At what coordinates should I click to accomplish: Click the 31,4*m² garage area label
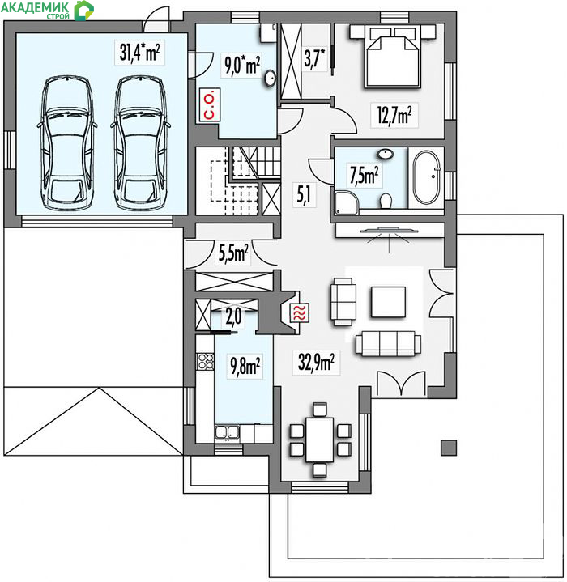coord(139,53)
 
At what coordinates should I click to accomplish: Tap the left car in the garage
coord(67,143)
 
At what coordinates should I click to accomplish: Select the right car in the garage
coord(140,143)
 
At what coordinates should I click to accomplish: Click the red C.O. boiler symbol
coord(210,105)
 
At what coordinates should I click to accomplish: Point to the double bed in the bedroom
coord(393,57)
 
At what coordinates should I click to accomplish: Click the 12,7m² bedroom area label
coord(394,115)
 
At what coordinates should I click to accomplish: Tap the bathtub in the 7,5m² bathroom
coord(426,177)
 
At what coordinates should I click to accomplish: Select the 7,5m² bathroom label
coord(364,175)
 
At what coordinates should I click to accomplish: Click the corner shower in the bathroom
coord(347,203)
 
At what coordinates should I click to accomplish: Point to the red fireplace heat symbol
coord(299,313)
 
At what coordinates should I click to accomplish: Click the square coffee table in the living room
coord(388,302)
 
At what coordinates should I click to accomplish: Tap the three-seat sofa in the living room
coord(388,343)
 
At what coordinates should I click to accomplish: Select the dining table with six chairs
coord(319,440)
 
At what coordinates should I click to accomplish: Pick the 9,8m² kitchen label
coord(245,366)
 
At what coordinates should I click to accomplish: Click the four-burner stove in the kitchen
coord(206,361)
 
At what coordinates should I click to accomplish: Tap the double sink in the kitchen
coord(227,432)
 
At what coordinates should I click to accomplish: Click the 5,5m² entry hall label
coord(233,254)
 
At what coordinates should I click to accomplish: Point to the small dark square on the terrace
coord(449,448)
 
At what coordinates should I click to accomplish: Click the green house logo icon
coord(83,11)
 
